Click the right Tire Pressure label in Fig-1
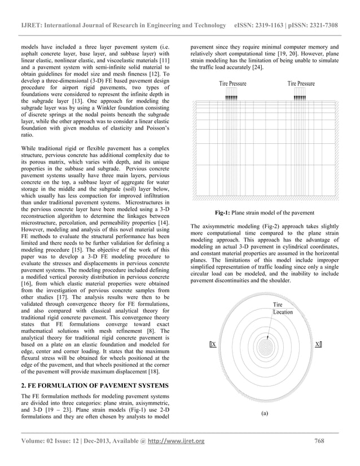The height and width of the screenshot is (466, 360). coord(301,84)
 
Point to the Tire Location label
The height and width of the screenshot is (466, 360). coord(283,308)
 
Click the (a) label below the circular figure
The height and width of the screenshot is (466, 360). coord(265,412)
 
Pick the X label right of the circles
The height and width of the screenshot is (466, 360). coord(318,344)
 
